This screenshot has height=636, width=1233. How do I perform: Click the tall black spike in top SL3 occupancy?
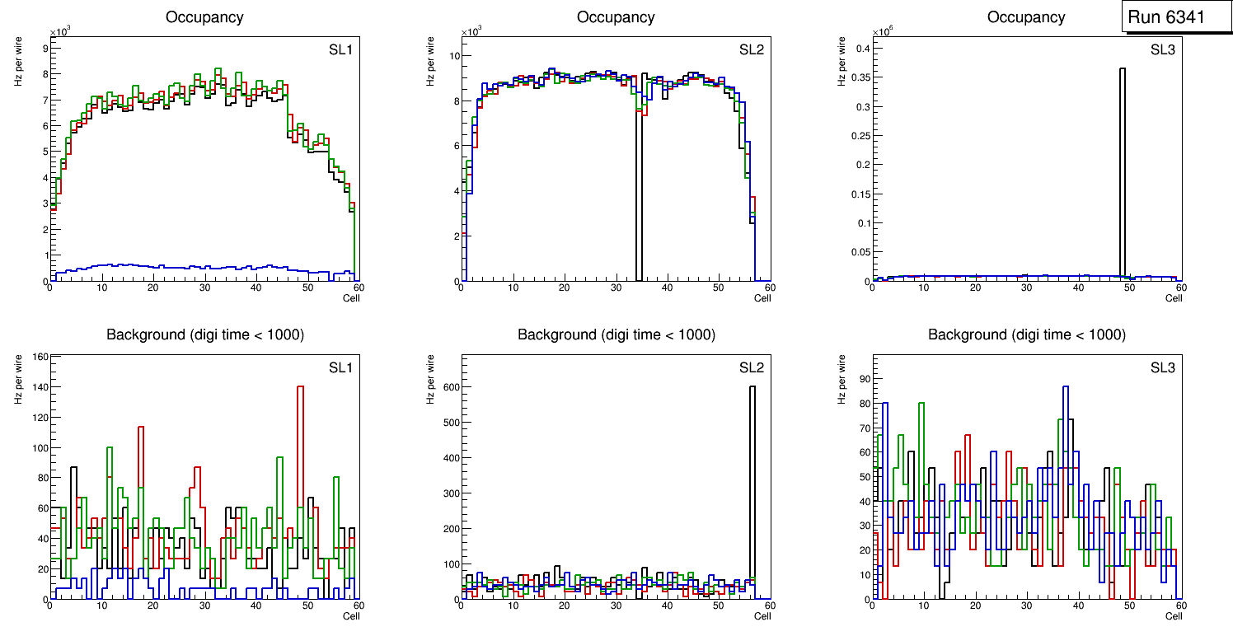click(1122, 165)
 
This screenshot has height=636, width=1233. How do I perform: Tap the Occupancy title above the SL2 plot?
click(616, 17)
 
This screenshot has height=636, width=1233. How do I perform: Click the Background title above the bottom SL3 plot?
click(1026, 334)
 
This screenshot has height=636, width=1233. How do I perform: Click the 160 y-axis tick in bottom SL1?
click(38, 357)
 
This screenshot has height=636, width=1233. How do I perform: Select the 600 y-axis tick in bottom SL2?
click(449, 386)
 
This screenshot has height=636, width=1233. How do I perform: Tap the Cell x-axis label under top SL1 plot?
click(351, 297)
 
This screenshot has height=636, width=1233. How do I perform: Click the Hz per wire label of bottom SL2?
click(429, 379)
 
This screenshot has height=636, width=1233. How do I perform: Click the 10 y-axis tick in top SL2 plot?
click(452, 56)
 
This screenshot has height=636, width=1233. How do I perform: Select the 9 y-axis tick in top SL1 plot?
click(43, 48)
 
